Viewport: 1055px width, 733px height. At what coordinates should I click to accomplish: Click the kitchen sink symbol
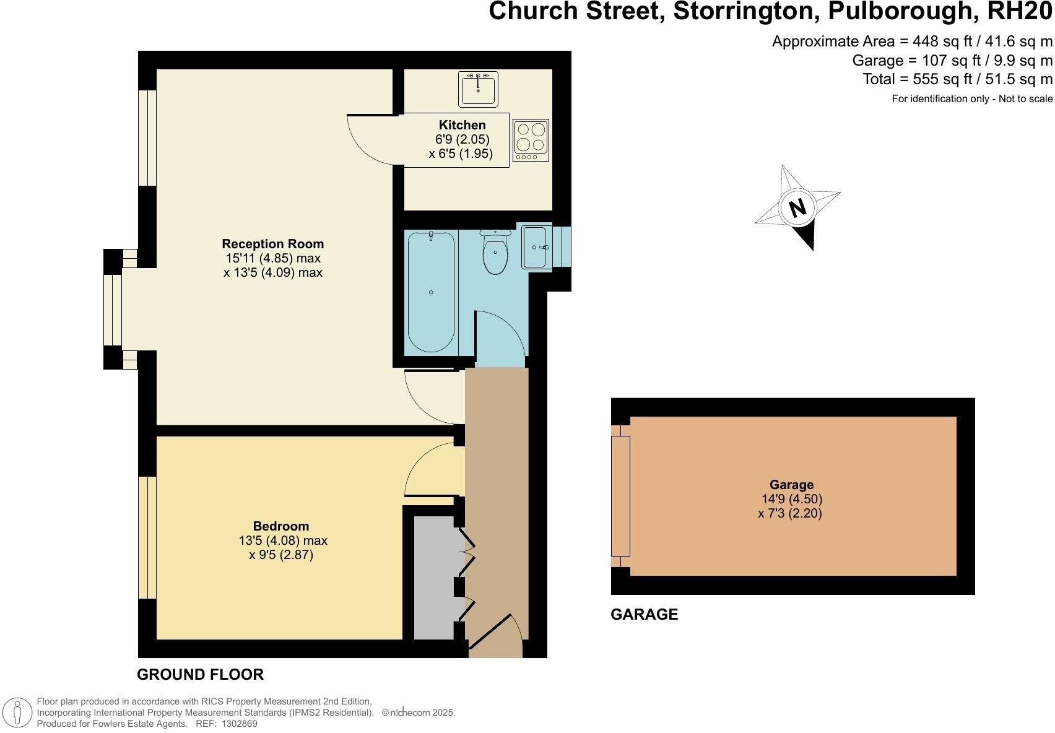tap(478, 89)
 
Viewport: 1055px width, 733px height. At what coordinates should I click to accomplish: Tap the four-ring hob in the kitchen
tap(531, 140)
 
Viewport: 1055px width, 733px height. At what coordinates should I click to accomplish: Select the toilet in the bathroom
tap(495, 253)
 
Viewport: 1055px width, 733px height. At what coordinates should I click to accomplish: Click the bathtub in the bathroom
tap(431, 291)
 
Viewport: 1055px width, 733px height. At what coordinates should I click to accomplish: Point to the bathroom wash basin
tap(536, 248)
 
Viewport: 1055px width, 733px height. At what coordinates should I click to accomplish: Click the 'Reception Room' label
tap(272, 244)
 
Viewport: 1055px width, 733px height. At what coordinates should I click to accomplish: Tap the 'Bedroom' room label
tap(280, 527)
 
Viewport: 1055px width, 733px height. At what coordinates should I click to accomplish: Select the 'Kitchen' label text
tap(462, 125)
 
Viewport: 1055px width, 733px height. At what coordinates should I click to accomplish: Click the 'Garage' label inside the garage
tap(791, 485)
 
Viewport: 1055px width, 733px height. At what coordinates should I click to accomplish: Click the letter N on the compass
tap(798, 207)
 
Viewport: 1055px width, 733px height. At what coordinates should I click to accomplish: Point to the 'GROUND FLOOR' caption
tap(200, 675)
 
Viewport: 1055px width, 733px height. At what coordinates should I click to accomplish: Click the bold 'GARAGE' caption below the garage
tap(644, 615)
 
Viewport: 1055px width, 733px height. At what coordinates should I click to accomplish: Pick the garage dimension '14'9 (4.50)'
tap(791, 499)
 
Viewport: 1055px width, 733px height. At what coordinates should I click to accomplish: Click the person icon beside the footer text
tap(18, 713)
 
